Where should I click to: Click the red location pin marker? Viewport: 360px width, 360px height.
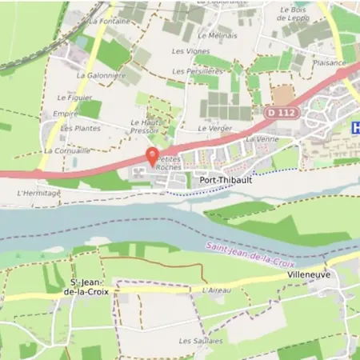[x=152, y=155]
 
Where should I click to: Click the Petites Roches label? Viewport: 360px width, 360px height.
[x=169, y=164]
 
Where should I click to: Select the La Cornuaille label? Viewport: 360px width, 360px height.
[x=66, y=150]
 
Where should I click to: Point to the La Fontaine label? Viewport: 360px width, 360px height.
[x=110, y=22]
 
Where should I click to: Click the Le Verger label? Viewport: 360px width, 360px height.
[x=214, y=128]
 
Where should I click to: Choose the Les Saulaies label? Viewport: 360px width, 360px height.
[x=197, y=340]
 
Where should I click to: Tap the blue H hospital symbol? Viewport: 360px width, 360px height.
[x=355, y=126]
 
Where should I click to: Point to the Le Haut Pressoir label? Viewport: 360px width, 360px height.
[x=144, y=126]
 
